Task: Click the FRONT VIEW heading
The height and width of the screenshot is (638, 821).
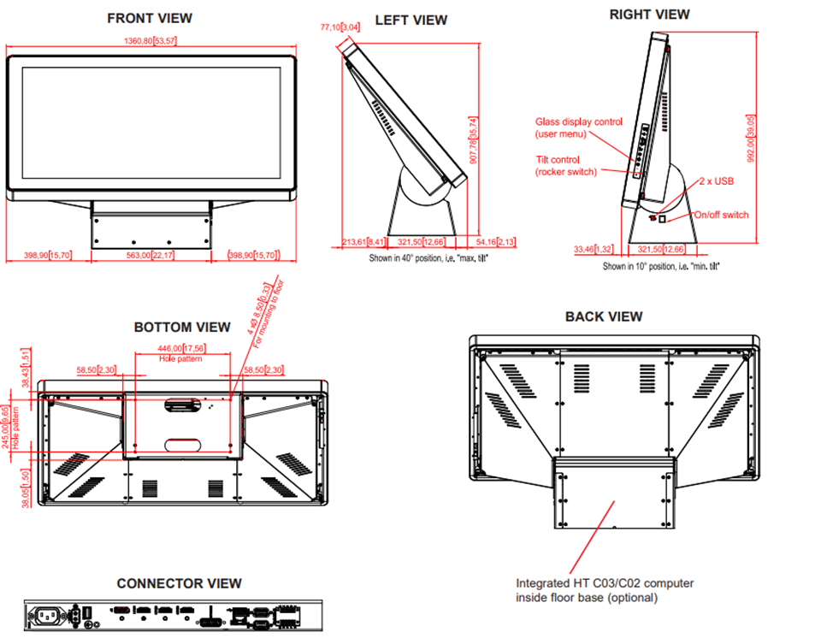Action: (150, 18)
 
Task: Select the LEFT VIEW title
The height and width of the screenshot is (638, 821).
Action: (411, 21)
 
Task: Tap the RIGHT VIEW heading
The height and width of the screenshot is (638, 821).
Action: (649, 15)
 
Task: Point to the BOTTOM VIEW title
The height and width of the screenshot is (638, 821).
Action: (182, 327)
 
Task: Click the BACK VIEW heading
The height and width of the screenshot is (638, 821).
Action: (604, 316)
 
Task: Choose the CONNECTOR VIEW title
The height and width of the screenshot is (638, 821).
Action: (180, 583)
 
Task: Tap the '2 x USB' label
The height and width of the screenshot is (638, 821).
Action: (716, 181)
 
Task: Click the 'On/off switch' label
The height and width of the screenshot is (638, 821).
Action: (721, 215)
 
